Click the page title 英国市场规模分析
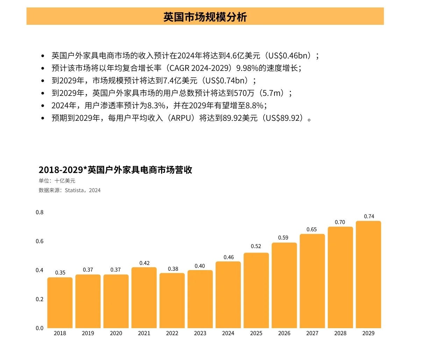click(205, 17)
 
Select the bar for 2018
click(60, 303)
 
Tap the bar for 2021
click(144, 297)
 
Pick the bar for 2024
click(228, 295)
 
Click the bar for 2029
click(368, 275)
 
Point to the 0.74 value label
click(369, 217)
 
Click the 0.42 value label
click(144, 263)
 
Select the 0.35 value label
click(60, 273)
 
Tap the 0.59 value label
click(283, 238)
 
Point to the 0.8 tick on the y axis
click(40, 212)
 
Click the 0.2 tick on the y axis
click(40, 299)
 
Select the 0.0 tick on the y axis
click(40, 328)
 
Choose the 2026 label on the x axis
click(284, 333)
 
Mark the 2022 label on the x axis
click(172, 333)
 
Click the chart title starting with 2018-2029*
click(115, 170)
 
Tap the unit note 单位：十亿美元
click(57, 181)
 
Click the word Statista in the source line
click(74, 190)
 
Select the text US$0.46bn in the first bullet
click(288, 56)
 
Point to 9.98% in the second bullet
click(247, 68)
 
